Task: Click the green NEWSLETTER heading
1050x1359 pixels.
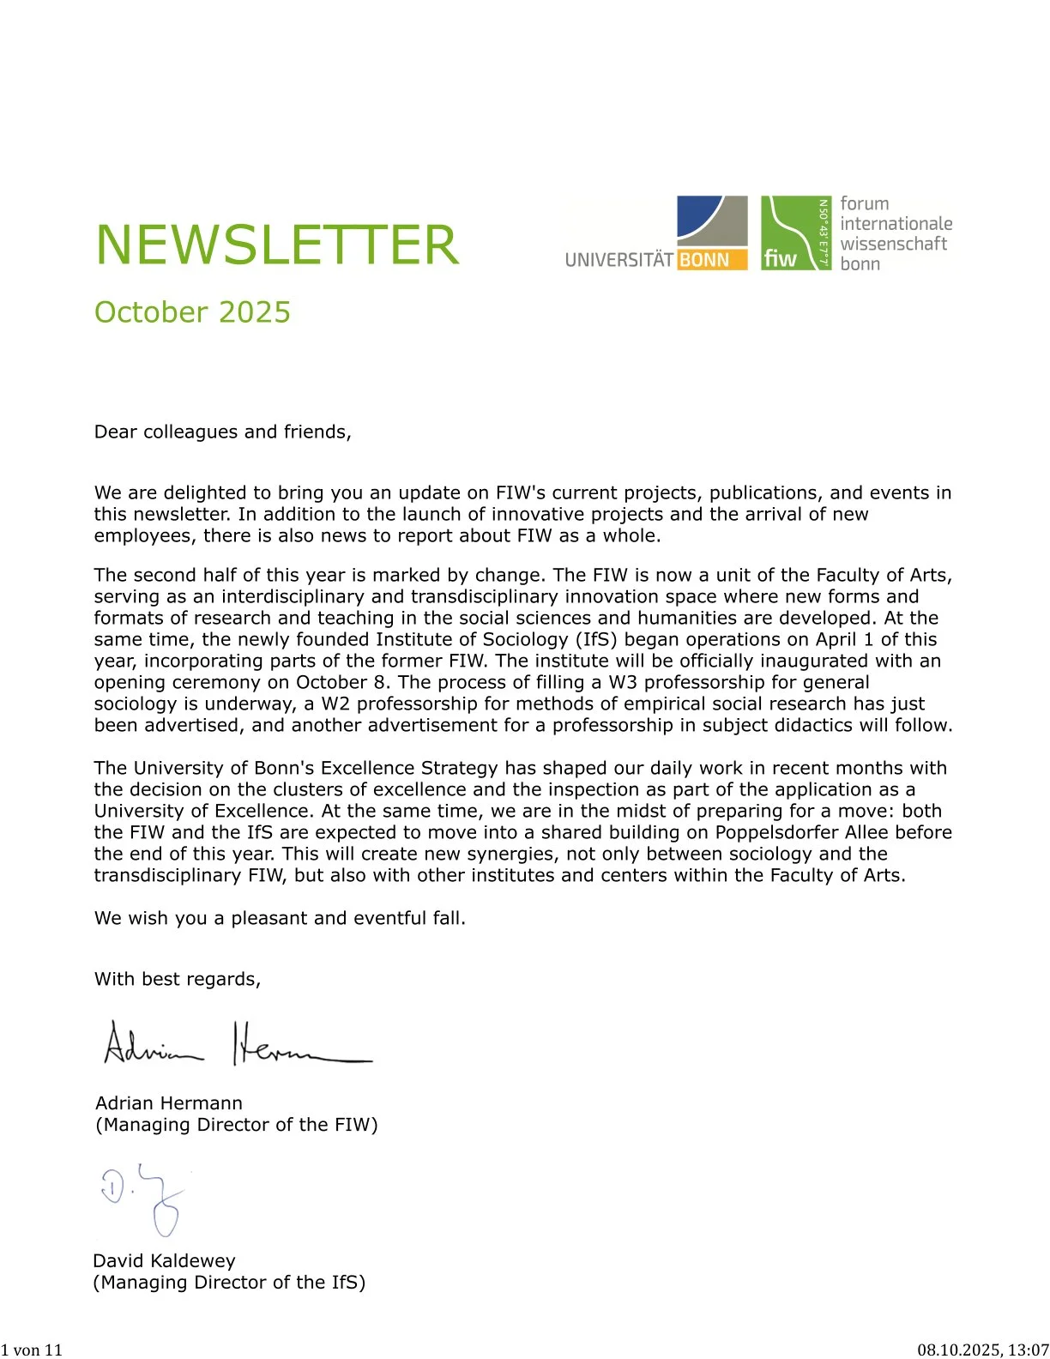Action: click(x=276, y=245)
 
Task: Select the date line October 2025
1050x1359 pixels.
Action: click(x=192, y=312)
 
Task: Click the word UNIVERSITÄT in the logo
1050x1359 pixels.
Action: click(x=619, y=260)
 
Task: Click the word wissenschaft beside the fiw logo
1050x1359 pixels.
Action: click(x=893, y=244)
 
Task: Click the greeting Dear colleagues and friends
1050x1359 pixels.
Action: click(x=222, y=432)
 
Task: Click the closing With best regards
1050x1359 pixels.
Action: click(x=177, y=979)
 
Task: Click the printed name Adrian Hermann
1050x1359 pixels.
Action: click(x=168, y=1103)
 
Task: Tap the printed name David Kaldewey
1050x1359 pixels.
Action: click(x=163, y=1261)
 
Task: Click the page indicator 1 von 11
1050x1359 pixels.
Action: click(x=32, y=1350)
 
